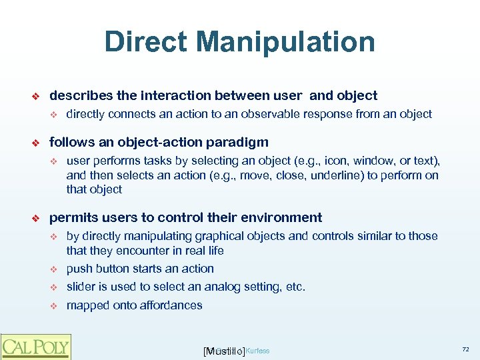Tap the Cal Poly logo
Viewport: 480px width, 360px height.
(35, 347)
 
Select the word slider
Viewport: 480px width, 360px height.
(81, 287)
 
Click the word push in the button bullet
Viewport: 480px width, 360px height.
(79, 269)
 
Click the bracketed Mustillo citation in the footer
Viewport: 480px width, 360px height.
(223, 351)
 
